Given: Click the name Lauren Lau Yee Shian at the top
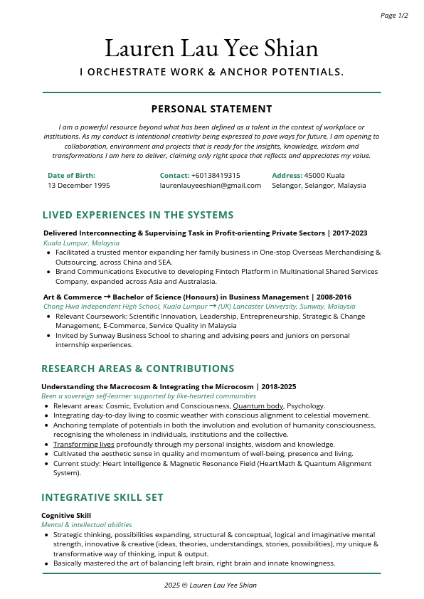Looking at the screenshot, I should coord(211,48).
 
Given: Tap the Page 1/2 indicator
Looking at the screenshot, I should coord(394,15).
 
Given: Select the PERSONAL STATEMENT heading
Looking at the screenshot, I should coord(211,109).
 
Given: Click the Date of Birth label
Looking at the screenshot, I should coord(71,175).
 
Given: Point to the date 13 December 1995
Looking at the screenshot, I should coord(78,185).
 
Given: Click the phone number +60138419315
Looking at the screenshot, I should coord(216,175).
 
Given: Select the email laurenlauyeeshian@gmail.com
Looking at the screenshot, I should coord(210,185).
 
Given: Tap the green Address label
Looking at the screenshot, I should coord(287,175).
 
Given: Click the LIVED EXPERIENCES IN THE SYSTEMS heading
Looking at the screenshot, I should coord(138,215).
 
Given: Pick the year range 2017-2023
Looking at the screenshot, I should coord(349,233).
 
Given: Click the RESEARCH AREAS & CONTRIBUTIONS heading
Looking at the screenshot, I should coord(138,369).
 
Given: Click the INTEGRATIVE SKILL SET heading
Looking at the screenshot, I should coord(102,497).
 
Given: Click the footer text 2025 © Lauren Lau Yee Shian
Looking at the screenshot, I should coord(211,585).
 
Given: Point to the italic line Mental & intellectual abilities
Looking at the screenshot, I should coord(86,524).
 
